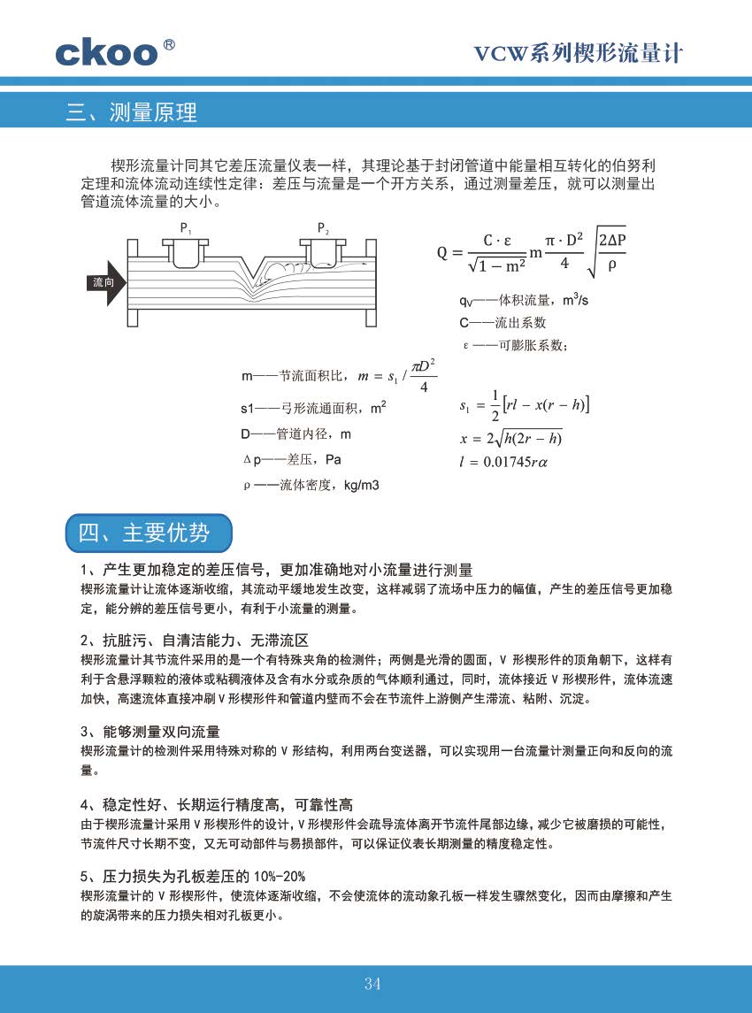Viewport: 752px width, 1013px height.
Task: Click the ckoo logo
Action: [x=106, y=52]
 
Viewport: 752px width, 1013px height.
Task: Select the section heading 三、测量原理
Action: [x=132, y=112]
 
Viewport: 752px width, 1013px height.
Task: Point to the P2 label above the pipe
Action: [x=323, y=228]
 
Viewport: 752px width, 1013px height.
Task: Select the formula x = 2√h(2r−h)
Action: [x=511, y=438]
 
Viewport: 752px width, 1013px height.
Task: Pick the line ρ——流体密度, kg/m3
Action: [x=311, y=485]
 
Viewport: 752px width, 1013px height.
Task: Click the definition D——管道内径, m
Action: [x=295, y=434]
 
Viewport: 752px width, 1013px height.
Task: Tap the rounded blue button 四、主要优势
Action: [x=148, y=533]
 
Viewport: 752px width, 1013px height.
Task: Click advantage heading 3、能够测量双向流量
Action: [x=150, y=732]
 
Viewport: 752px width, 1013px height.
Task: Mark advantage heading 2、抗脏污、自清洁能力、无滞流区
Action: [x=194, y=640]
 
